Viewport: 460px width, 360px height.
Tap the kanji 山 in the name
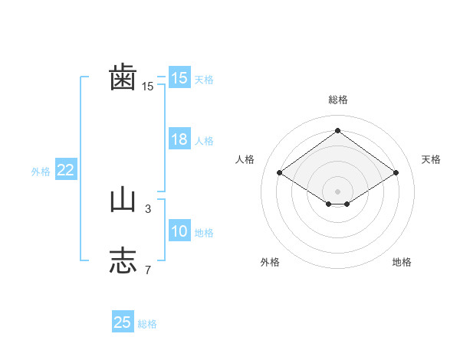[x=123, y=201]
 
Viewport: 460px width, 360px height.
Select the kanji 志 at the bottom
[x=123, y=260]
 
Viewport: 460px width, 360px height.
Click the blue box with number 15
[x=179, y=78]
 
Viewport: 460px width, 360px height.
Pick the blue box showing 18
[x=179, y=140]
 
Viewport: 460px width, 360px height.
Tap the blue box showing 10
[x=179, y=232]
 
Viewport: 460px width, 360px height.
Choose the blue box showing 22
[x=66, y=171]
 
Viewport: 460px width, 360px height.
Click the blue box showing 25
[x=123, y=322]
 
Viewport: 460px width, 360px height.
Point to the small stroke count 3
[x=148, y=208]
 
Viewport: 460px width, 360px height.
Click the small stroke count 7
[x=148, y=270]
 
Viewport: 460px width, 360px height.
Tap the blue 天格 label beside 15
[x=204, y=79]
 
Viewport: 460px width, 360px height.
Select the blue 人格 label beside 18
[x=204, y=141]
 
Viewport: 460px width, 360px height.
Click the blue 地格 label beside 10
[x=204, y=233]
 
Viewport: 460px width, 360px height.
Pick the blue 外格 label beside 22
[x=41, y=172]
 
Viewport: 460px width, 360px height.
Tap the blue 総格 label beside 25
[x=147, y=324]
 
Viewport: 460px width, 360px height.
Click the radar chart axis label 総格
[x=337, y=100]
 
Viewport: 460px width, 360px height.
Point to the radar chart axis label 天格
[x=431, y=159]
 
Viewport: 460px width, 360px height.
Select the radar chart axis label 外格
[x=270, y=262]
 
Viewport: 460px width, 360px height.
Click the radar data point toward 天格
[x=396, y=173]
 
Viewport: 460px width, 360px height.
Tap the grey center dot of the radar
[x=337, y=191]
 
